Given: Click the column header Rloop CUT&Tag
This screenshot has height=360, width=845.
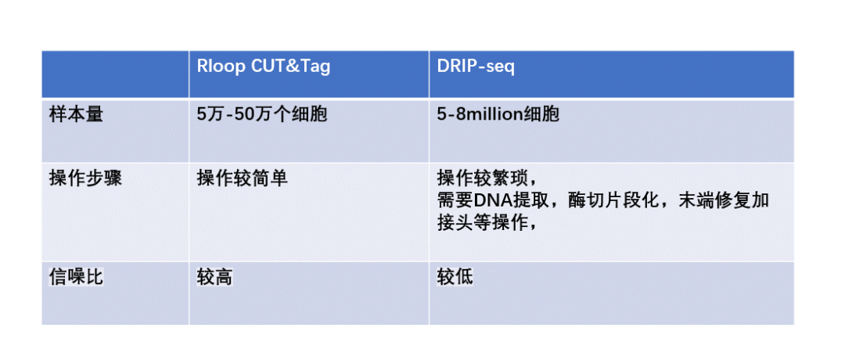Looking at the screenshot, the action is pyautogui.click(x=263, y=67).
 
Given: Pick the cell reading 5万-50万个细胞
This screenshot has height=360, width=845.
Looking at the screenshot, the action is pyautogui.click(x=262, y=114).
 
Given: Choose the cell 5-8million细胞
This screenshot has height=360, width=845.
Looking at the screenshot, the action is pyautogui.click(x=498, y=114).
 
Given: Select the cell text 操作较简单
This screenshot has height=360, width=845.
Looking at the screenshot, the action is pyautogui.click(x=242, y=178).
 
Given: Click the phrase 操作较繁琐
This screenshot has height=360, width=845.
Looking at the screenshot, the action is pyautogui.click(x=483, y=177).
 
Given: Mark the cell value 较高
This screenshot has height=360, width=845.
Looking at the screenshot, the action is pyautogui.click(x=214, y=277).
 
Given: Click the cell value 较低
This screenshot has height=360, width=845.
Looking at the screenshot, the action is pyautogui.click(x=455, y=277).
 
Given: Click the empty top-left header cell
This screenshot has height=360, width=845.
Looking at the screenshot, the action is pyautogui.click(x=115, y=74).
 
